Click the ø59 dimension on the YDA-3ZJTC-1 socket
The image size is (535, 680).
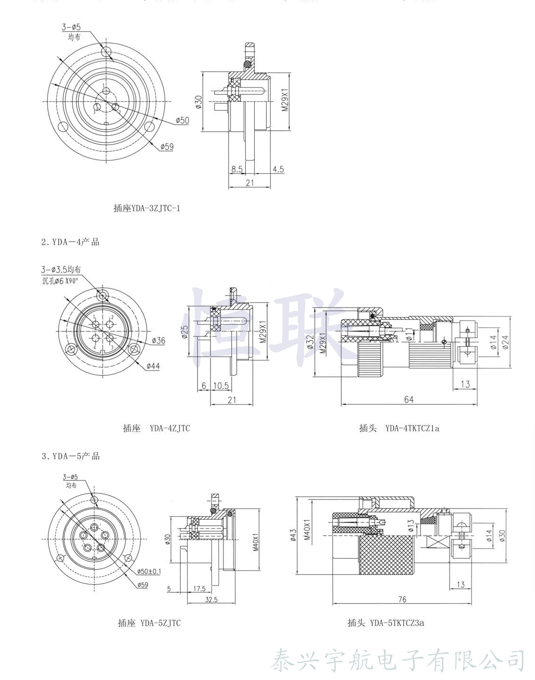[167, 147]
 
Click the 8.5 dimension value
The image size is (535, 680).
[237, 169]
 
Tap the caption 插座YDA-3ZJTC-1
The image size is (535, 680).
[147, 208]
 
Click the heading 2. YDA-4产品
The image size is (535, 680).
[70, 242]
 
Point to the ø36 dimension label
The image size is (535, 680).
[158, 340]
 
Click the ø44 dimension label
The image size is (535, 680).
[153, 366]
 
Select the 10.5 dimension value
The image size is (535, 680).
[220, 385]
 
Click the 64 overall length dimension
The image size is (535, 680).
[409, 399]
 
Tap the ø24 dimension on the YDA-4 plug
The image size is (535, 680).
[505, 342]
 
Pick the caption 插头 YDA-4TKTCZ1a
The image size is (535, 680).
[399, 428]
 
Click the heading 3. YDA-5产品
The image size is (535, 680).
[70, 456]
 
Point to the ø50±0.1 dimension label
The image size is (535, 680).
[149, 572]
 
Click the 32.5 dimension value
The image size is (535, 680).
[211, 599]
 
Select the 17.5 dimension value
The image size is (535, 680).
[199, 589]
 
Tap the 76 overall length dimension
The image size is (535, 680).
[402, 599]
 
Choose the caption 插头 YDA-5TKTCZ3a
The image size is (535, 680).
[386, 623]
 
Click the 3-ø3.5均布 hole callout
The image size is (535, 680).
[61, 270]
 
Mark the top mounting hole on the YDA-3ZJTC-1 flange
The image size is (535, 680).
[106, 51]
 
